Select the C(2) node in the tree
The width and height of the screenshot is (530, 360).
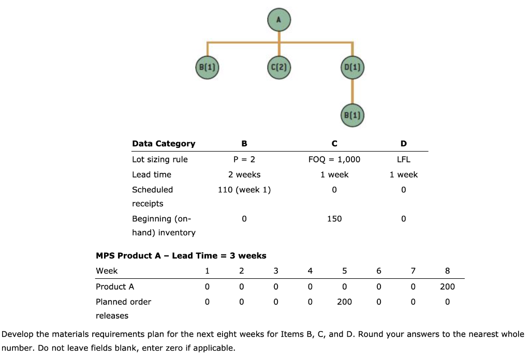point(279,67)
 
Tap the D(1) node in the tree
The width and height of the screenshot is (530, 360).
point(353,67)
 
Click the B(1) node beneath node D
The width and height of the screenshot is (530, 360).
point(353,114)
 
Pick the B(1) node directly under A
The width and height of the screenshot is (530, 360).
point(207,67)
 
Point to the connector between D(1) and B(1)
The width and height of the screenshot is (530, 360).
point(353,91)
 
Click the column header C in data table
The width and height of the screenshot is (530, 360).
point(334,143)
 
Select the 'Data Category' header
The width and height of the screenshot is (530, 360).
point(164,143)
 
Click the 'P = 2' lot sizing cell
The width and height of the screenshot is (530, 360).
point(244,159)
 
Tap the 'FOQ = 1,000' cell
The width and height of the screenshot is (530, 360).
point(334,159)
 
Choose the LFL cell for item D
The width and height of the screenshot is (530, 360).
point(404,159)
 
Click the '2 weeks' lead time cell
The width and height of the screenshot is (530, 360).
point(244,175)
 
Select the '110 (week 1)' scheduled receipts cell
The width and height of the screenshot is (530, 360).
point(244,190)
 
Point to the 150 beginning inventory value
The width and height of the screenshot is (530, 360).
point(334,219)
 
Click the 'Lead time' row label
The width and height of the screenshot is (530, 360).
point(152,175)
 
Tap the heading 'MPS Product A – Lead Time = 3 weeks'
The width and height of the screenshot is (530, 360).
point(181,256)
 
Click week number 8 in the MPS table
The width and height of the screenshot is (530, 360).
point(447,271)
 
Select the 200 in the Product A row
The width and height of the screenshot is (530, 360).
point(447,287)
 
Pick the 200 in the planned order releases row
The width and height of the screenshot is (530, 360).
point(345,302)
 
